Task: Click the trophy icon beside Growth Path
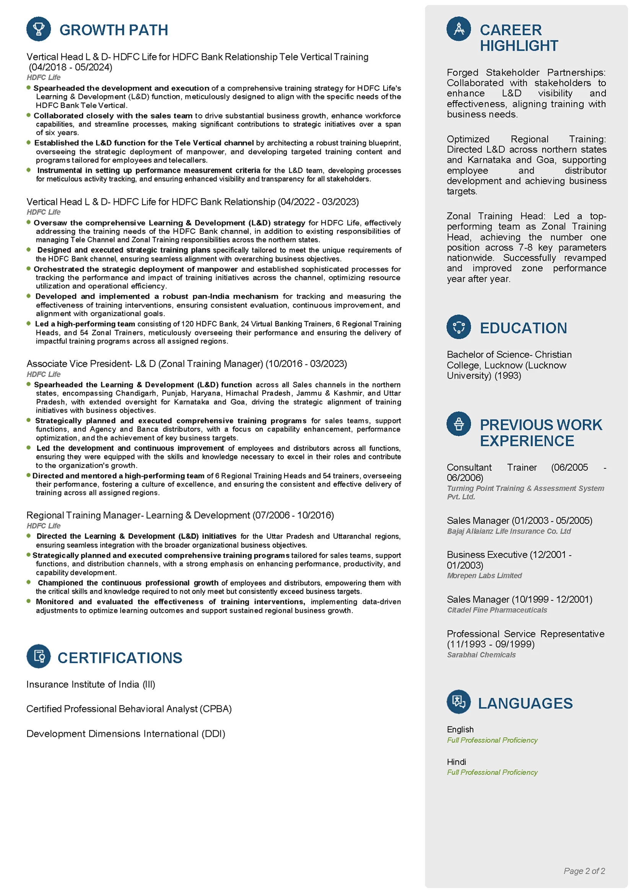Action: click(39, 29)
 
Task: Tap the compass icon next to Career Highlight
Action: click(458, 29)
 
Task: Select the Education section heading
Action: click(523, 328)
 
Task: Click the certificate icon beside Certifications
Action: click(39, 656)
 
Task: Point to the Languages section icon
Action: click(458, 701)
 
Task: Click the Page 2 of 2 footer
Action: click(584, 871)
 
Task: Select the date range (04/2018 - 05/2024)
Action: click(70, 67)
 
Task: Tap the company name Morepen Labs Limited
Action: click(484, 575)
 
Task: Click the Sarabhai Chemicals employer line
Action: click(481, 654)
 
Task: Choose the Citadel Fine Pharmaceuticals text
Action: click(496, 610)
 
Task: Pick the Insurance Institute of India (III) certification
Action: click(91, 684)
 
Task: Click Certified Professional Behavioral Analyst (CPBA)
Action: click(129, 709)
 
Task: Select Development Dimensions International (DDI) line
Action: click(126, 734)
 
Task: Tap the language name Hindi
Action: click(456, 762)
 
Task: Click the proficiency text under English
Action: click(492, 740)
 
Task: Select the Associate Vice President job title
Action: click(145, 363)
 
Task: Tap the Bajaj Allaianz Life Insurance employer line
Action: click(509, 531)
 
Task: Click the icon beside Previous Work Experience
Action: click(458, 424)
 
